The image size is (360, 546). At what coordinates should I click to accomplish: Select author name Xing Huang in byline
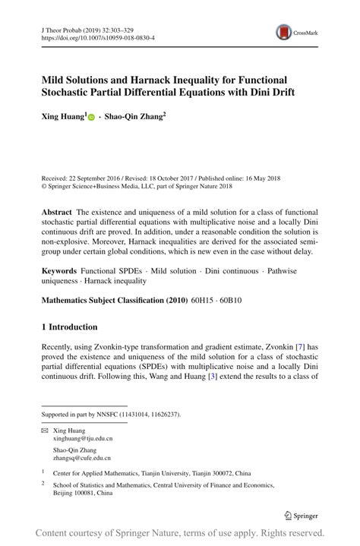pyautogui.click(x=63, y=118)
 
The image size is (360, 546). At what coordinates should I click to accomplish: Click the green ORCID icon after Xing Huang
pyautogui.click(x=91, y=118)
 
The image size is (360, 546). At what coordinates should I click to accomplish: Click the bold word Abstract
pyautogui.click(x=57, y=211)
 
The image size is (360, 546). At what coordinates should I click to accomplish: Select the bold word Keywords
pyautogui.click(x=59, y=270)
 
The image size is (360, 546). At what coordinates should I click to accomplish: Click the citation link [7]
pyautogui.click(x=300, y=346)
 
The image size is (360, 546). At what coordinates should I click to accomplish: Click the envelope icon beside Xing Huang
pyautogui.click(x=44, y=431)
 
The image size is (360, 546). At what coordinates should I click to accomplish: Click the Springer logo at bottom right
pyautogui.click(x=301, y=516)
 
